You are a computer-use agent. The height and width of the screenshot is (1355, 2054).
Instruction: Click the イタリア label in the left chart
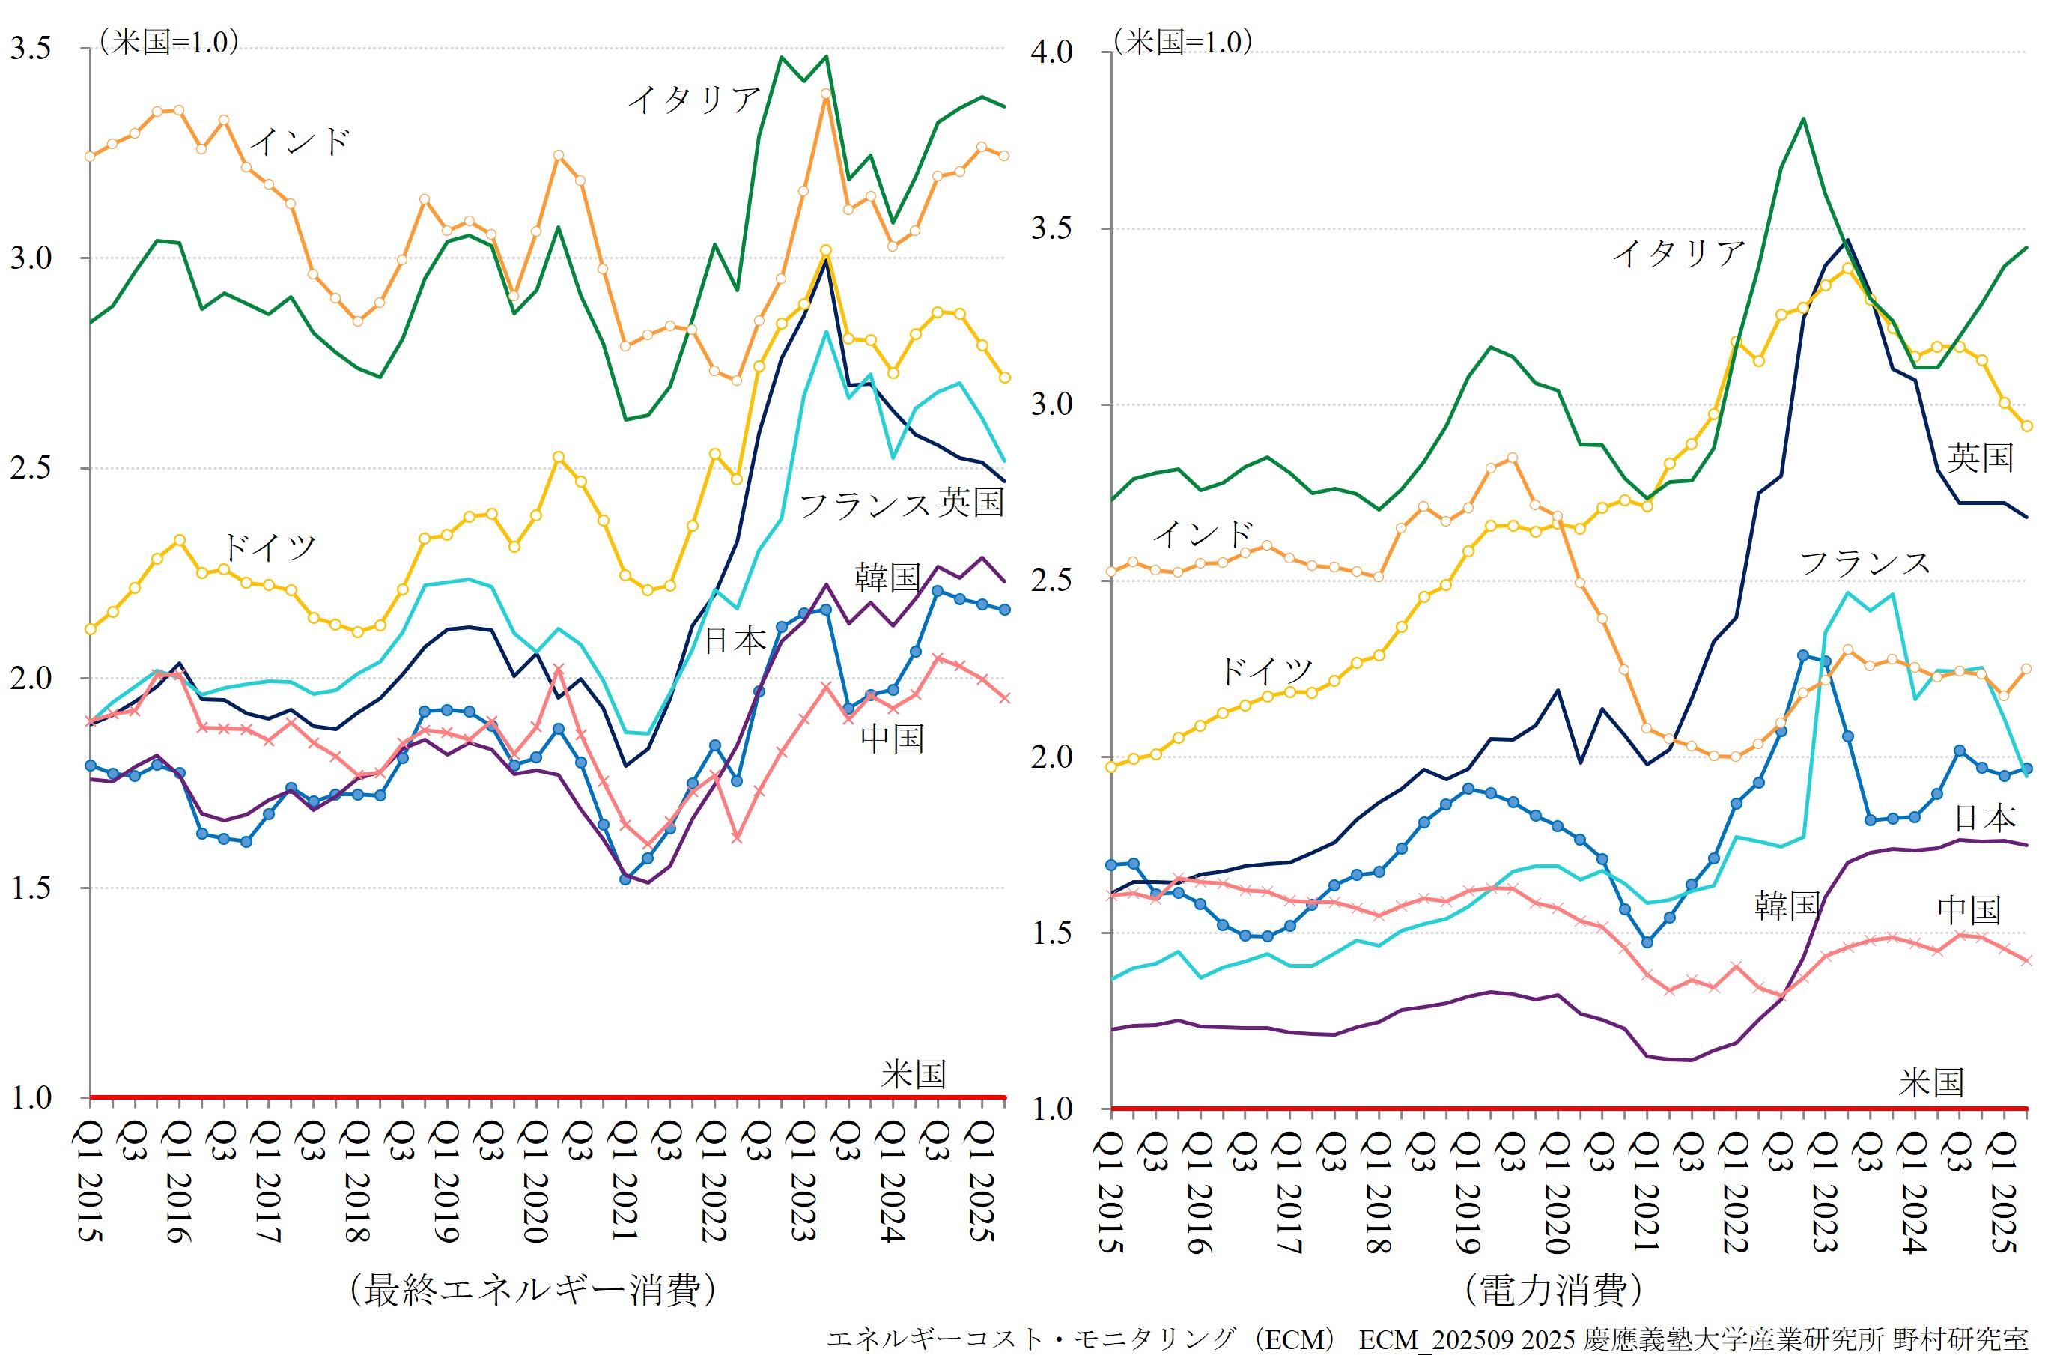tap(693, 100)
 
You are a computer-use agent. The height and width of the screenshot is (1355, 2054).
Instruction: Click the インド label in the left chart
tap(300, 141)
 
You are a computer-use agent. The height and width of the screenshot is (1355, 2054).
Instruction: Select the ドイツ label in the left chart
tap(269, 547)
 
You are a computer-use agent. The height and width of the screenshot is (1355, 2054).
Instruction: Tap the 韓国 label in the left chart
tap(887, 577)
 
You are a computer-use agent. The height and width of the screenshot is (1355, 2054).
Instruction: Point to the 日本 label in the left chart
tap(735, 640)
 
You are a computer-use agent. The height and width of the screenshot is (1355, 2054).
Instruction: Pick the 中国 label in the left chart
tap(893, 738)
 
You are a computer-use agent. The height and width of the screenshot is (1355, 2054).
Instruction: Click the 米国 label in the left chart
tap(913, 1074)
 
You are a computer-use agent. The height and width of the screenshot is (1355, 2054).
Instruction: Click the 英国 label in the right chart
tap(1980, 457)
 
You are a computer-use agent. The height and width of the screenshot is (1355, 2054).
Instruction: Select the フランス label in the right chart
tap(1864, 563)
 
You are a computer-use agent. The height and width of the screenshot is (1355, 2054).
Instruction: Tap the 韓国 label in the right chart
tap(1786, 905)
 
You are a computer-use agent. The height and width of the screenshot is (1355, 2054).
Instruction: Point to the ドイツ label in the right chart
tap(1265, 670)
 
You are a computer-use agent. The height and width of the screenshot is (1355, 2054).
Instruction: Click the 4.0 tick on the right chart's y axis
tap(1051, 52)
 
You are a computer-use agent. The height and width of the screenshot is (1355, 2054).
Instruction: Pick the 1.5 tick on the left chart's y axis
tap(31, 888)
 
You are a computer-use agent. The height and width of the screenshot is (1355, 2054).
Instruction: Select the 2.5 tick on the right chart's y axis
tap(1051, 580)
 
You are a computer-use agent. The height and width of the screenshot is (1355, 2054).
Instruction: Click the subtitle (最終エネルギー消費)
tap(532, 1289)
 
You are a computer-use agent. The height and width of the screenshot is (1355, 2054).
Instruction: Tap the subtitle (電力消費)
tap(1552, 1289)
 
